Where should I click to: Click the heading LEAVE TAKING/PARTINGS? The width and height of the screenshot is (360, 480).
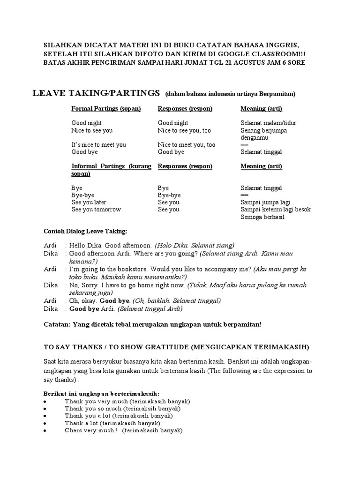[x=96, y=93]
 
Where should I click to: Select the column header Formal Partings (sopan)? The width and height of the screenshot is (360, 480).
[x=106, y=109]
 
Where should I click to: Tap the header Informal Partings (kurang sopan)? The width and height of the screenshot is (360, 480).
[x=111, y=170]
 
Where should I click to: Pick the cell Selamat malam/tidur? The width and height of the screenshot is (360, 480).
[x=268, y=123]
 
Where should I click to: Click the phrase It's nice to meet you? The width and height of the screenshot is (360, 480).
[x=98, y=145]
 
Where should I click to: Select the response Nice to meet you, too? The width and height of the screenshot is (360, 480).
[x=187, y=145]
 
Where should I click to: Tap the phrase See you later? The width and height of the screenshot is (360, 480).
[x=89, y=202]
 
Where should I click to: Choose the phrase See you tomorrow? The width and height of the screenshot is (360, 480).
[x=96, y=210]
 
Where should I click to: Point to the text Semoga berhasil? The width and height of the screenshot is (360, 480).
[x=262, y=217]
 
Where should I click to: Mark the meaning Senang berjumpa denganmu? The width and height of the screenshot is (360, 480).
[x=263, y=134]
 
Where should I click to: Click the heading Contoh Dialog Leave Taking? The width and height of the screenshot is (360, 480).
[x=85, y=232]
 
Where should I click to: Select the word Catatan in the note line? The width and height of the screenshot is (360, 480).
[x=57, y=324]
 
